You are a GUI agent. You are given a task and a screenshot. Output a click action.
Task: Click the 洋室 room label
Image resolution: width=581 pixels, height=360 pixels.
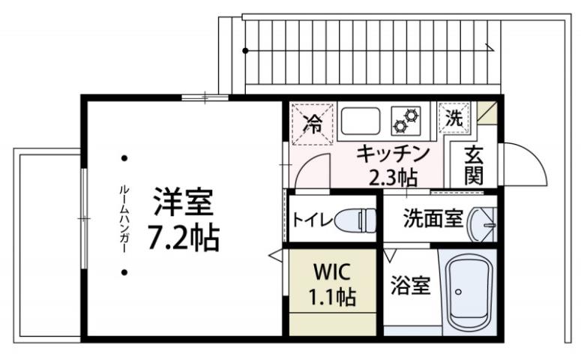tap(183, 202)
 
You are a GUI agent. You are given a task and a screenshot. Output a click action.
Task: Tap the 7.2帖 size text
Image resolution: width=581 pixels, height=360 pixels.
tap(183, 238)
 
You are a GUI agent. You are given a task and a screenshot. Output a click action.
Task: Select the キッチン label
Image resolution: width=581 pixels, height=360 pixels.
tap(392, 154)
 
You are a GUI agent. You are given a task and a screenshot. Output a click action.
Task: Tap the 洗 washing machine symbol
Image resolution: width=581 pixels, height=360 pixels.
tap(454, 118)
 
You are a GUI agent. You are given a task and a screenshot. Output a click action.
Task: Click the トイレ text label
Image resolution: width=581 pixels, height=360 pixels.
tap(313, 220)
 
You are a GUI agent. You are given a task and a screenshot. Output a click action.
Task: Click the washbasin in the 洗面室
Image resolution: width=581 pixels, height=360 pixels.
tap(482, 222)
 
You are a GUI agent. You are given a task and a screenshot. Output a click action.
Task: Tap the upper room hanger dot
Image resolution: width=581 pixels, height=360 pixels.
tap(124, 158)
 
